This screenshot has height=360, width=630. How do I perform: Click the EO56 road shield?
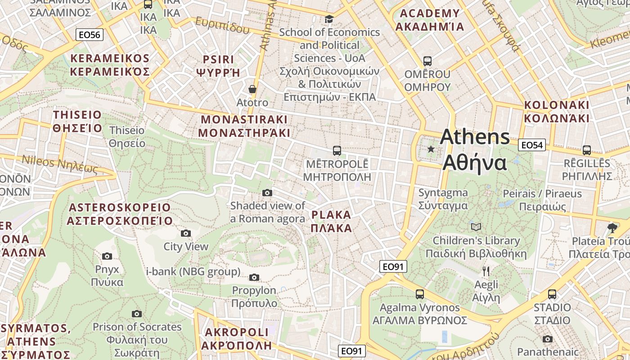click(90, 35)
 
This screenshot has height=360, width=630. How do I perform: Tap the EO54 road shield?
click(532, 145)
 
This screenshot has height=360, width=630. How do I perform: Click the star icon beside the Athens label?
click(431, 149)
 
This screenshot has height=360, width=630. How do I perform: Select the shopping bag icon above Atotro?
click(252, 89)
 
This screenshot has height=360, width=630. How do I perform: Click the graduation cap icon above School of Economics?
click(329, 19)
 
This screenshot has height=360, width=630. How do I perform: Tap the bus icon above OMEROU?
click(427, 61)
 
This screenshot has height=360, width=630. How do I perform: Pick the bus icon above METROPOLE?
click(337, 150)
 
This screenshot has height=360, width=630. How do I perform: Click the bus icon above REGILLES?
click(587, 150)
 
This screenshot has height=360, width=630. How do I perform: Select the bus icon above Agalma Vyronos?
click(420, 294)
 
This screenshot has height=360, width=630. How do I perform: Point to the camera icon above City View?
click(185, 233)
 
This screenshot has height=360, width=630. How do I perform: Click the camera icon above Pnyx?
click(107, 256)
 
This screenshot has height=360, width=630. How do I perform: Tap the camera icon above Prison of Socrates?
click(137, 314)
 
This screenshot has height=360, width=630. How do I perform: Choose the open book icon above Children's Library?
click(476, 227)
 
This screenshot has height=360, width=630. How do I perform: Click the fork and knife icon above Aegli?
click(486, 271)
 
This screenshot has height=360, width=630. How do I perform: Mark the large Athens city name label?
click(475, 150)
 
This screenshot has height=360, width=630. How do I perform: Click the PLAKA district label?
click(331, 221)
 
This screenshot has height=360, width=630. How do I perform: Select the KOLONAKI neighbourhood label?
click(557, 112)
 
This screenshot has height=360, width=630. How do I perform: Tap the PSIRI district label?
click(218, 66)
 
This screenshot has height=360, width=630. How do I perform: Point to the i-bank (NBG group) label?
click(193, 272)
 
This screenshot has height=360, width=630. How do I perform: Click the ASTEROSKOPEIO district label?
click(120, 214)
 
